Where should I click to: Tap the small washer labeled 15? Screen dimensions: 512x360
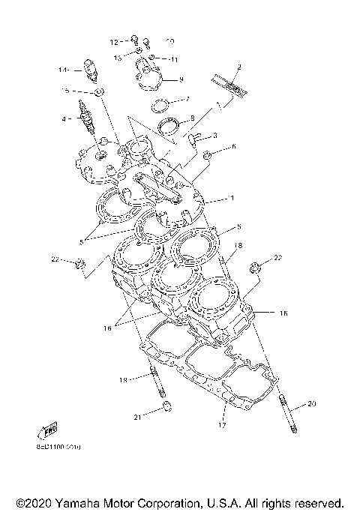click(101, 92)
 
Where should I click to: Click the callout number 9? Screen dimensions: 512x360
click(181, 79)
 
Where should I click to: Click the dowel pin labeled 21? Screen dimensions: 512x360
click(167, 409)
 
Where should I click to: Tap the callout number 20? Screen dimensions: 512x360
click(312, 404)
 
